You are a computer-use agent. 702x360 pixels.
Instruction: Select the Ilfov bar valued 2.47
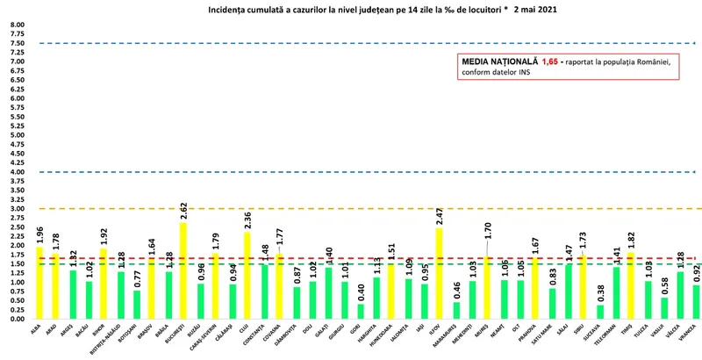[x=439, y=273]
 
